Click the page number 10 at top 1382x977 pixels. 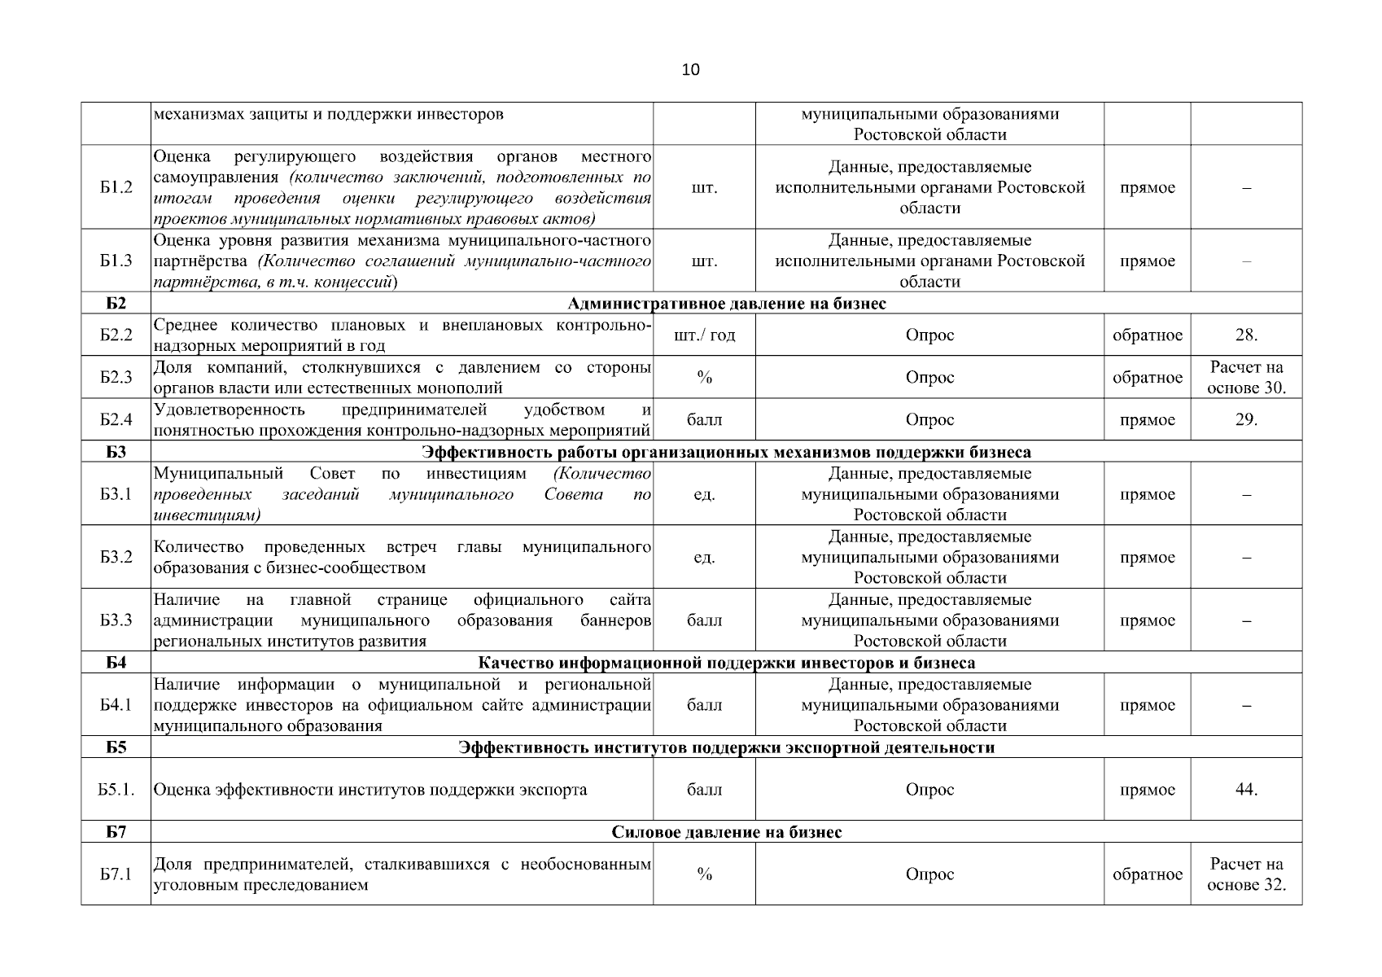[x=690, y=70]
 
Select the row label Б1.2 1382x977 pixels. [x=116, y=187]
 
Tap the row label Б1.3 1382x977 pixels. [x=116, y=261]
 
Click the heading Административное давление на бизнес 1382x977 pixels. [x=726, y=304]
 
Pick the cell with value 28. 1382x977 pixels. [x=1245, y=335]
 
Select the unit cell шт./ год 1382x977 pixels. [x=704, y=335]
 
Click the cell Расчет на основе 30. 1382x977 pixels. [x=1245, y=377]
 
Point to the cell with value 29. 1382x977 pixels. [x=1245, y=419]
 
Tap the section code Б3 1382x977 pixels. [x=116, y=452]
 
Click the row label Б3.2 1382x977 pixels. [x=116, y=557]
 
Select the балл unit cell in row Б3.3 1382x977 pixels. [x=704, y=620]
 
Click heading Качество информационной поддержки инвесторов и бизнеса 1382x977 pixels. [x=726, y=663]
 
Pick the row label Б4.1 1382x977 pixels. [x=116, y=705]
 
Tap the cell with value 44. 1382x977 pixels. [x=1245, y=789]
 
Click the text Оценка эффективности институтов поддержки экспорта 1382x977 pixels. [x=370, y=790]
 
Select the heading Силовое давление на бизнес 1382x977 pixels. [x=726, y=832]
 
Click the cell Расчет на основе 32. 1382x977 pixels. [x=1245, y=874]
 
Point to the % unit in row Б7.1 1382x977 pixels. [x=704, y=874]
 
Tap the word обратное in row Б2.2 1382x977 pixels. [x=1147, y=335]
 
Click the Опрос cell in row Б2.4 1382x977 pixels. [x=929, y=419]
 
